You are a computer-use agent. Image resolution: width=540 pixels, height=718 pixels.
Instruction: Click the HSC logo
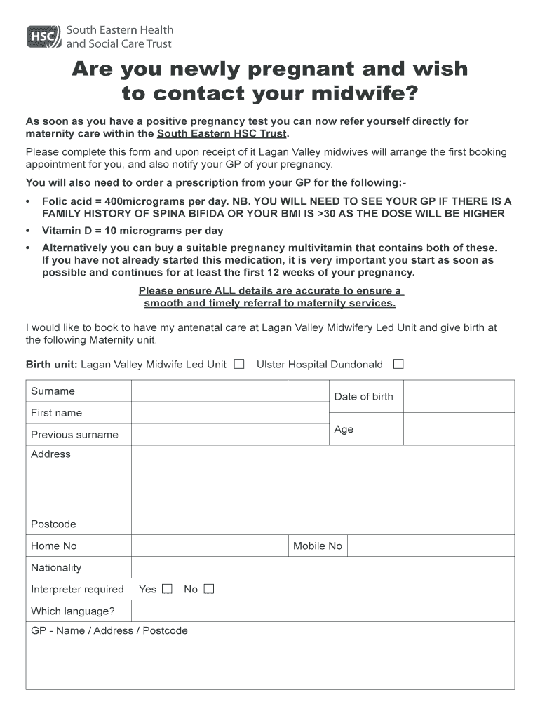[x=43, y=37]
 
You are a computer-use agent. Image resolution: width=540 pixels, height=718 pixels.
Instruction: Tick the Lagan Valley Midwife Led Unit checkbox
[x=239, y=364]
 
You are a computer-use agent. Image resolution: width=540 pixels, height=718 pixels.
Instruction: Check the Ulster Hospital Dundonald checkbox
[x=398, y=364]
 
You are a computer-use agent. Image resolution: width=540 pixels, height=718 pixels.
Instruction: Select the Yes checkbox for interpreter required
[x=167, y=589]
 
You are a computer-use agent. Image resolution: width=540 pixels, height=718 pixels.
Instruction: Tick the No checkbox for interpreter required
[x=208, y=589]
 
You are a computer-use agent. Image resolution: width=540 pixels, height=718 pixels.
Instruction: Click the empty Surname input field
[x=230, y=391]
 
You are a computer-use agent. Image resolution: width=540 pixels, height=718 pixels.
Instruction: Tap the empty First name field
[x=230, y=413]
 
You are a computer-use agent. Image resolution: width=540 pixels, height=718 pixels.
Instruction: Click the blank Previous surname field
[x=230, y=435]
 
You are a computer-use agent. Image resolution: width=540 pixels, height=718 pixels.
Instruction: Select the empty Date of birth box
[x=459, y=396]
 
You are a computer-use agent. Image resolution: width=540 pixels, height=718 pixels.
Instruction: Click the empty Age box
[x=459, y=429]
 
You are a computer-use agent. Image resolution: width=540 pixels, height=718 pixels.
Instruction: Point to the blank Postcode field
[x=323, y=524]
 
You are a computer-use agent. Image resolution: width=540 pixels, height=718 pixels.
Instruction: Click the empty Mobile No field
[x=431, y=546]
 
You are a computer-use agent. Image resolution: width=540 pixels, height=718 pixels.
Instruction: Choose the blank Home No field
[x=210, y=546]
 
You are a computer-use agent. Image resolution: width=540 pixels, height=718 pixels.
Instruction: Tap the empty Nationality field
[x=323, y=568]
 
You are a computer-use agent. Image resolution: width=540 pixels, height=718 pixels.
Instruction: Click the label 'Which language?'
[x=73, y=611]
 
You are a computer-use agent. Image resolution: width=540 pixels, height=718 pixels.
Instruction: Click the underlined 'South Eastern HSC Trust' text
[x=222, y=133]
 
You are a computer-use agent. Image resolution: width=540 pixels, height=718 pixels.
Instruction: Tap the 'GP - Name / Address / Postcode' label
[x=109, y=631]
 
